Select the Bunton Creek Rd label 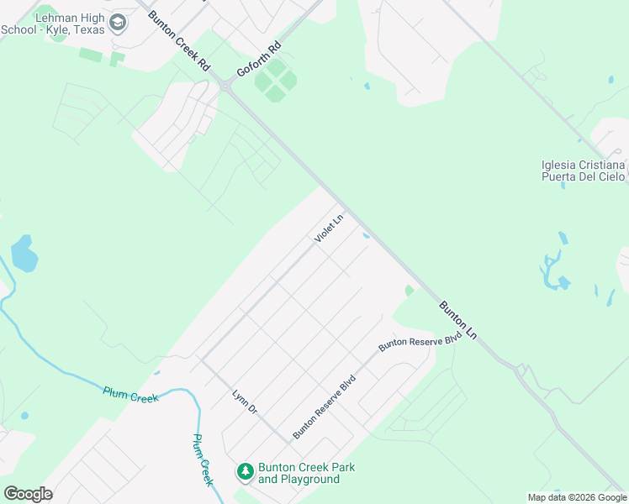click(x=178, y=39)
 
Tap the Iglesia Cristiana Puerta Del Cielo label click(x=584, y=171)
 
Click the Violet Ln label click(x=330, y=229)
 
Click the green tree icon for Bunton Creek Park click(x=246, y=472)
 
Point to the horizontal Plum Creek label click(x=130, y=394)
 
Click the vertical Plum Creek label click(x=202, y=459)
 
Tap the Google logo click(x=28, y=494)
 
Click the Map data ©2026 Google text click(x=576, y=497)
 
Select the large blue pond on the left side click(x=24, y=254)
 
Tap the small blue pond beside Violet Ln click(x=365, y=236)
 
